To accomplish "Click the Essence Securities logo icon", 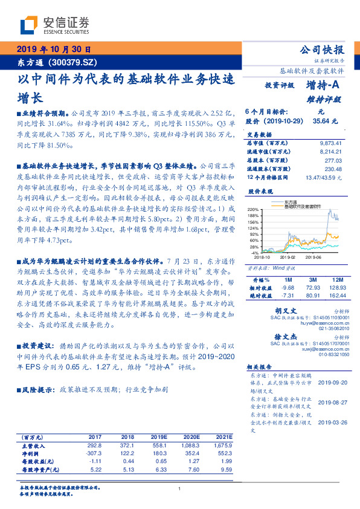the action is [29, 25].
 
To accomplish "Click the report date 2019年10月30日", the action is [53, 50].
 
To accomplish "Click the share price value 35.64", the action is [324, 121].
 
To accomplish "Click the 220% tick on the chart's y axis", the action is [253, 209].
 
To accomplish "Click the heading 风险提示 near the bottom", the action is [35, 391].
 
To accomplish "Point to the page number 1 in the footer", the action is [180, 488].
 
